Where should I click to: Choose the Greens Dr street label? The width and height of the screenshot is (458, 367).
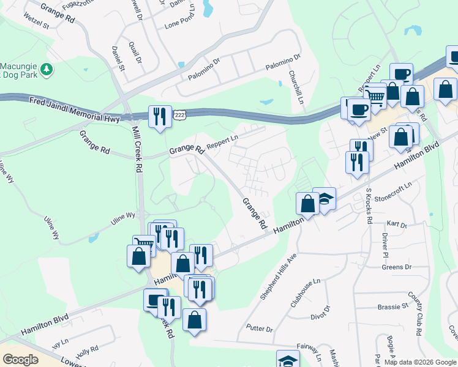(397, 267)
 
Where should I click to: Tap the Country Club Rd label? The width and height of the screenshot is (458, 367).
(418, 315)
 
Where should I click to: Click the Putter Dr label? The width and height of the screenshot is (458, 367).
(260, 329)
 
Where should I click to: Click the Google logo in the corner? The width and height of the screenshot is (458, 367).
(20, 360)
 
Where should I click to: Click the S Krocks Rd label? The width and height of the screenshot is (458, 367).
(369, 206)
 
